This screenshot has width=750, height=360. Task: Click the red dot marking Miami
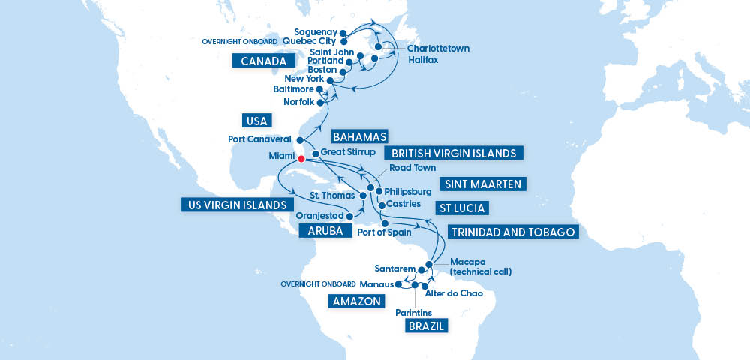pos(300,159)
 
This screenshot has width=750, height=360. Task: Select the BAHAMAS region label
pos(359,136)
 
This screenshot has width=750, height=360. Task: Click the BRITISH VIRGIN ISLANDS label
pos(453,153)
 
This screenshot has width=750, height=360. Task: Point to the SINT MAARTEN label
pos(482,184)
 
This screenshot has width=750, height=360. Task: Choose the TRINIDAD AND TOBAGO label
pos(514,232)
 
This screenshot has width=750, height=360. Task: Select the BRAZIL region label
pos(426,325)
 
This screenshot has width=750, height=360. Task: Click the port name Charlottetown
pos(438,49)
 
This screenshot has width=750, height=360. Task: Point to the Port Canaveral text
pos(259,139)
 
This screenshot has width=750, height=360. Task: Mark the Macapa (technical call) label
pos(480,266)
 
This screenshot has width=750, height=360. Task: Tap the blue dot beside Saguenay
pos(342,33)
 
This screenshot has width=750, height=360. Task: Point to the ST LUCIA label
pos(461,208)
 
